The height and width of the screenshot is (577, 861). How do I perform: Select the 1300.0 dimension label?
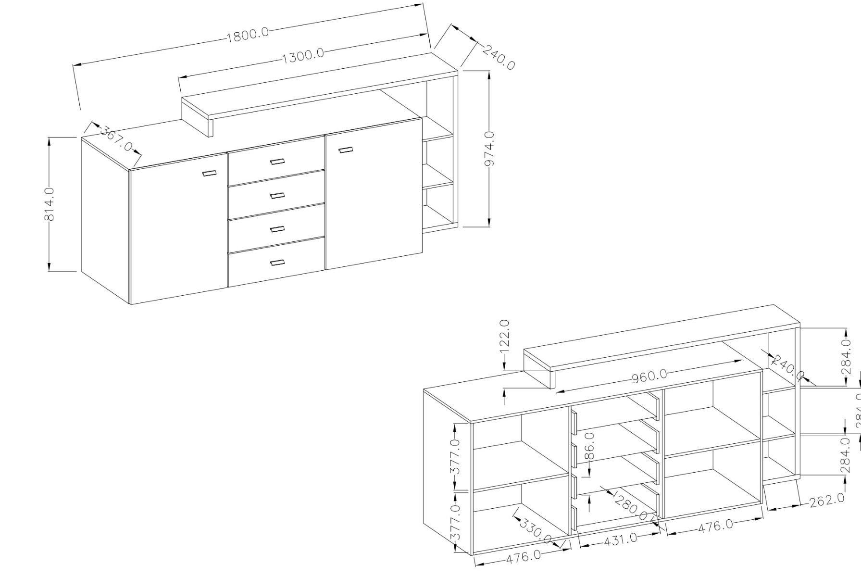coord(303,56)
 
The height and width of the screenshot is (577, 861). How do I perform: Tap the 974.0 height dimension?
coord(489,149)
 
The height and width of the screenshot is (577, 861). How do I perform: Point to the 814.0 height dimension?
coord(49,204)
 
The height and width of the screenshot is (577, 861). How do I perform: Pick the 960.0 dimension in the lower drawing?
coord(649,376)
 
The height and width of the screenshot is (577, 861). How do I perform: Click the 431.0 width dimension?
coord(620,539)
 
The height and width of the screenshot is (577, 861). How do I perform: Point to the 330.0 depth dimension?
coord(535,530)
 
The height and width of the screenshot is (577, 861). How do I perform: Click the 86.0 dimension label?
coord(590,446)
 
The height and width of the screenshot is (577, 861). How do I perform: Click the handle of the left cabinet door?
coord(209,173)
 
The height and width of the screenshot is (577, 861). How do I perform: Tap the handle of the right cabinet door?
coord(346,150)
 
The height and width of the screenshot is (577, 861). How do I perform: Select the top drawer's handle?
coord(277,162)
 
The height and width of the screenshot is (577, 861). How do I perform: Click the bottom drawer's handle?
coord(277,263)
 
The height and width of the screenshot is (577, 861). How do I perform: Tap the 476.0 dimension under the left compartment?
coord(523,557)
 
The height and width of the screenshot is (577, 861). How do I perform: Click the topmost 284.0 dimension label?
coord(847,357)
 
